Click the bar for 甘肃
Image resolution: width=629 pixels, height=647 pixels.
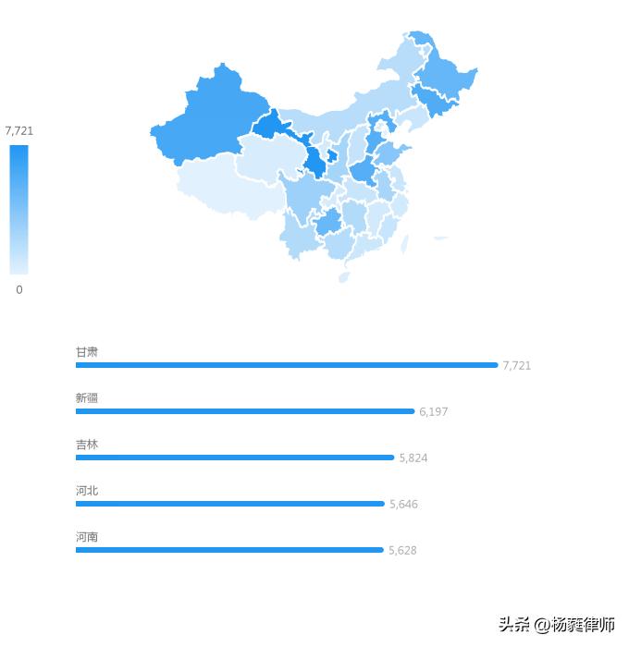(287, 365)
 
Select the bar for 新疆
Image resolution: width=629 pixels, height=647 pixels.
(245, 411)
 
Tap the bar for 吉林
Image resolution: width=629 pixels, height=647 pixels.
(235, 458)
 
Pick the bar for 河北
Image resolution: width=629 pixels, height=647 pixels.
(229, 504)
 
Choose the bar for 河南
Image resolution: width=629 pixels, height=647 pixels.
(229, 550)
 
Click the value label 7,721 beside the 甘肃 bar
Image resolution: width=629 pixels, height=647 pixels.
(517, 366)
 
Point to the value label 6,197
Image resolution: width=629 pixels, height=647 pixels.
(433, 412)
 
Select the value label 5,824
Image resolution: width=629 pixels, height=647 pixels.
(413, 458)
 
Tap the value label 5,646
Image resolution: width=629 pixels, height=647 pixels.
(403, 505)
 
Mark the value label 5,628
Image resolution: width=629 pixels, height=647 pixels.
(402, 551)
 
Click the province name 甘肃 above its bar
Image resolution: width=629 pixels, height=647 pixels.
(87, 352)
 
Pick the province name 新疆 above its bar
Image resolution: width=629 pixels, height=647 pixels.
(87, 398)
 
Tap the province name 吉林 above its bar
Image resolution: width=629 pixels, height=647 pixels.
(87, 445)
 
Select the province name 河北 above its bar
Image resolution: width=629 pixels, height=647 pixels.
(87, 491)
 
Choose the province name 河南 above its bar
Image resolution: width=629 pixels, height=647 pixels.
(87, 537)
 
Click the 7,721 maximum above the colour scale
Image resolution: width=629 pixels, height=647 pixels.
(19, 131)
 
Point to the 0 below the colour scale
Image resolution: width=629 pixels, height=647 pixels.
(19, 289)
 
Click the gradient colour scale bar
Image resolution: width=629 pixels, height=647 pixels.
(19, 210)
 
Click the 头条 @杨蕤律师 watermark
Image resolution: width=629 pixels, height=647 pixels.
(557, 626)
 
